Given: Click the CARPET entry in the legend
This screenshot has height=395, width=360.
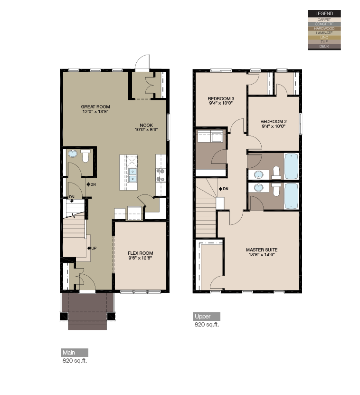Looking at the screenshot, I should point(324,19).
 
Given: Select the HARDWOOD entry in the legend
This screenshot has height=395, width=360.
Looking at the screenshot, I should point(324,29).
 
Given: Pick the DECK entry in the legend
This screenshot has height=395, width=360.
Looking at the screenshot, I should point(324,47).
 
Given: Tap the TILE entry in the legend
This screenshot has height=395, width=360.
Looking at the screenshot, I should point(324,42).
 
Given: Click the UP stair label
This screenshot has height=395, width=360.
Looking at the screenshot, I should point(93,248).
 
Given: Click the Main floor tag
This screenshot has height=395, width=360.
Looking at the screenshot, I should point(69,353).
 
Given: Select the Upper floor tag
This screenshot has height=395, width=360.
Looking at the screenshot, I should point(203,317).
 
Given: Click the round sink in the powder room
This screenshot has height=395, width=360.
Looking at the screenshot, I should point(73,154).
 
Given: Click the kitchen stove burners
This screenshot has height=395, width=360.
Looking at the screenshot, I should point(161,175).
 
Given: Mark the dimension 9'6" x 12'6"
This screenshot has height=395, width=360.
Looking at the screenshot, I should point(141,258).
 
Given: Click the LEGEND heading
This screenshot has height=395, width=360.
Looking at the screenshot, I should point(324,13).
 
